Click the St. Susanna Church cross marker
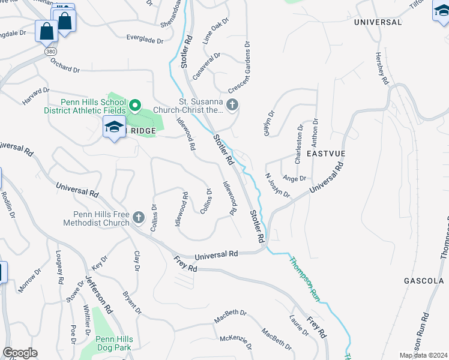pos(232,106)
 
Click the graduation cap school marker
pos(113,127)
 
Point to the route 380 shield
pos(50,52)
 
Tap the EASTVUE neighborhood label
pos(324,154)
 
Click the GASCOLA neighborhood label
pos(423,281)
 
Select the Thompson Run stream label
pos(306,278)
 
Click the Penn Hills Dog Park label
pos(114,343)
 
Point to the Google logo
pos(20,353)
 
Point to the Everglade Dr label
pos(145,40)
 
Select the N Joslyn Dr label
pos(277,185)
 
